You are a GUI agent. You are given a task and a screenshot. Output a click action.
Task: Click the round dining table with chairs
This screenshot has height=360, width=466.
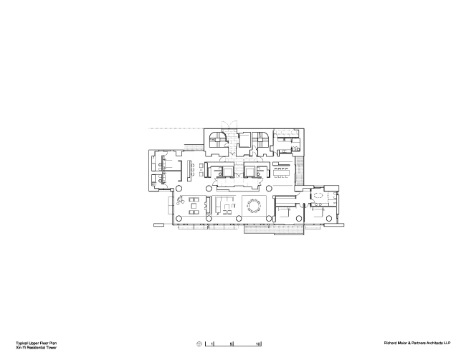pyautogui.click(x=255, y=207)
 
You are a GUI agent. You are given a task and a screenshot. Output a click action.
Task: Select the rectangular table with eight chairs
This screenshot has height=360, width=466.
pyautogui.click(x=282, y=171)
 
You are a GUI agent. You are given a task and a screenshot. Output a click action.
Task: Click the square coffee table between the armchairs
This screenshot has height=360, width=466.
pyautogui.click(x=194, y=208)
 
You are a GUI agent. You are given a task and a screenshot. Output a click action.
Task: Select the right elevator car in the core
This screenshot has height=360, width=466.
pyautogui.click(x=253, y=171)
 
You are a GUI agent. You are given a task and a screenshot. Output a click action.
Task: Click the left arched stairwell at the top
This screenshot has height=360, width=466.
pyautogui.click(x=217, y=141)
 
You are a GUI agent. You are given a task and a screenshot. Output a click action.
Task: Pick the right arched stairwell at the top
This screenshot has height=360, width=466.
pyautogui.click(x=262, y=141)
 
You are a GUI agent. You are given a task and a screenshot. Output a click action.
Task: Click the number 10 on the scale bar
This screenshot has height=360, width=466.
pyautogui.click(x=258, y=346)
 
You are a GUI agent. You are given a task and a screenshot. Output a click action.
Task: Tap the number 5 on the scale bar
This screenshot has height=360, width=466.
pyautogui.click(x=232, y=346)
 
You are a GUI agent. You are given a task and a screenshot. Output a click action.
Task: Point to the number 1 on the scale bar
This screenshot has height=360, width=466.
pyautogui.click(x=213, y=346)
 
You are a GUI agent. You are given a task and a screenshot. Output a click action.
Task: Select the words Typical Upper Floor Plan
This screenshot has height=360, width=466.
pyautogui.click(x=32, y=343)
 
